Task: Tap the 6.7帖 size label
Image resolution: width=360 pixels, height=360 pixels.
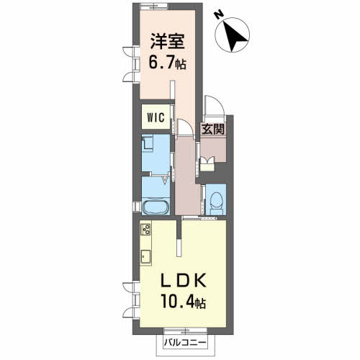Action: [167, 63]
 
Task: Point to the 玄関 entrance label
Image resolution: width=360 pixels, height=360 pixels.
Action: [212, 130]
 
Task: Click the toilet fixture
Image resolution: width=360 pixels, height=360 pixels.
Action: [215, 200]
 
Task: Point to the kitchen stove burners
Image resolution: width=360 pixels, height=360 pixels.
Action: [145, 230]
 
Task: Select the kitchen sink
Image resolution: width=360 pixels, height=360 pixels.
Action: [145, 256]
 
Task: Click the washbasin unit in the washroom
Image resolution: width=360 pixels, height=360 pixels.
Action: [150, 145]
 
